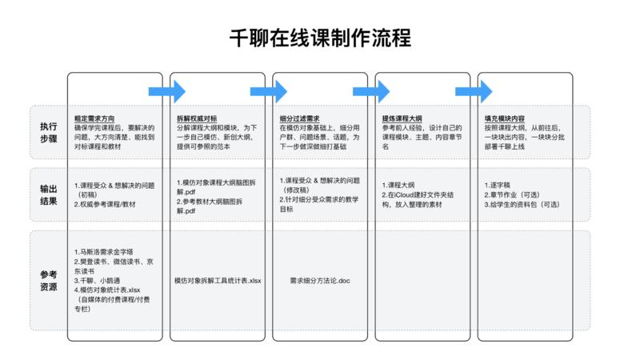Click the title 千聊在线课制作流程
pos(320,38)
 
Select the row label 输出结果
pos(48,194)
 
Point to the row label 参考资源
pos(48,280)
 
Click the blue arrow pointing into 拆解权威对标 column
pos(167,92)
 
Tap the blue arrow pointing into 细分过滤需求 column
pos(270,92)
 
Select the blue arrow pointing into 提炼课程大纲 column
pos(373,92)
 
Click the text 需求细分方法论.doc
pos(319,281)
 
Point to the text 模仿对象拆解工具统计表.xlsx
pos(218,281)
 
